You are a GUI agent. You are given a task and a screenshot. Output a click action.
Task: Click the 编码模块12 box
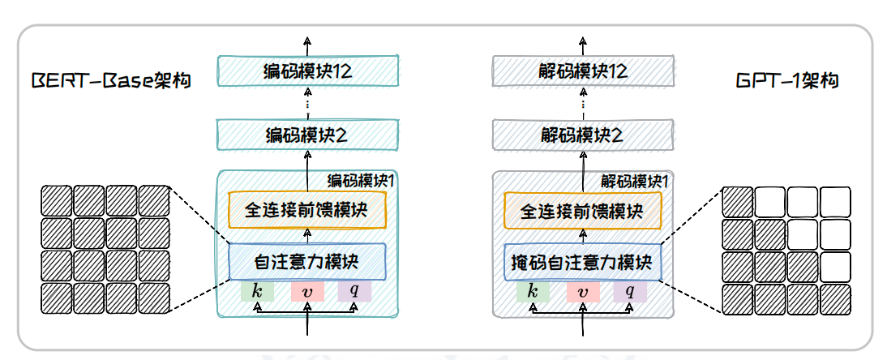pyautogui.click(x=307, y=71)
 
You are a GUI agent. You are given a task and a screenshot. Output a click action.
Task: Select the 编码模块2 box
pyautogui.click(x=307, y=134)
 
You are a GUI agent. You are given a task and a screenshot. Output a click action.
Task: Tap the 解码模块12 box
pyautogui.click(x=583, y=71)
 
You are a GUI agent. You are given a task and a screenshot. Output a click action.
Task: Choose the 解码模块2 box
pyautogui.click(x=583, y=134)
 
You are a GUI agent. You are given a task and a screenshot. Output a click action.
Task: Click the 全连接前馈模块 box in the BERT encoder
pyautogui.click(x=307, y=210)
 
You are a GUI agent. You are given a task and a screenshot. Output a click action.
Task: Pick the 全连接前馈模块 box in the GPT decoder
pyautogui.click(x=583, y=210)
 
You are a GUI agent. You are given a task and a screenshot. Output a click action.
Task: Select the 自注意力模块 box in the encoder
pyautogui.click(x=307, y=261)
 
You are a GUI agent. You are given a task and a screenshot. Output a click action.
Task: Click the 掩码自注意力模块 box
pyautogui.click(x=583, y=261)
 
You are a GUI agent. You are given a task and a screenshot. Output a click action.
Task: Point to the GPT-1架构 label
pyautogui.click(x=786, y=81)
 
